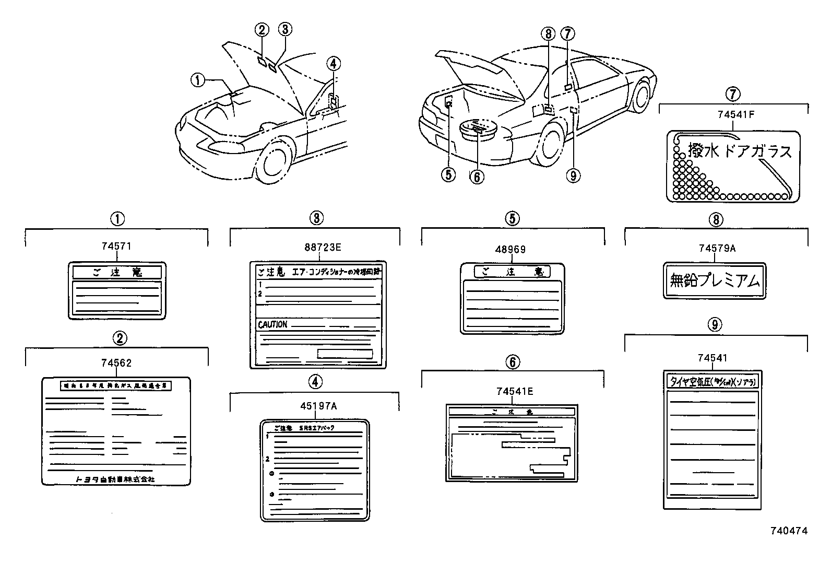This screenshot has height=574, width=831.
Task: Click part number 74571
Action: pyautogui.click(x=116, y=246)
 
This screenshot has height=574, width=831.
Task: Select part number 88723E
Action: pyautogui.click(x=315, y=248)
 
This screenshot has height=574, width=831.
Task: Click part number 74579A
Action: pyautogui.click(x=717, y=249)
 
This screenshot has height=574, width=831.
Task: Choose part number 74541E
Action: pyautogui.click(x=514, y=391)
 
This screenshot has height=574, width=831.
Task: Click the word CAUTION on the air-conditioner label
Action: pyautogui.click(x=272, y=324)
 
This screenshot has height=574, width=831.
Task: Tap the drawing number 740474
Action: pyautogui.click(x=789, y=531)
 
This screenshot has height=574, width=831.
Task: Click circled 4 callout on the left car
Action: pyautogui.click(x=334, y=63)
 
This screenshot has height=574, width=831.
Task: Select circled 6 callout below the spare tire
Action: pyautogui.click(x=477, y=177)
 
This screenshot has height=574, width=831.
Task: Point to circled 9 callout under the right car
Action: pyautogui.click(x=573, y=175)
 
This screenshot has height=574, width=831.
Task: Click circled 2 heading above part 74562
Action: pyautogui.click(x=120, y=338)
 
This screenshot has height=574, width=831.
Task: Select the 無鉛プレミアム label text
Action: pyautogui.click(x=715, y=281)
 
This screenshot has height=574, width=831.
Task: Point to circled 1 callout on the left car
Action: pyautogui.click(x=197, y=80)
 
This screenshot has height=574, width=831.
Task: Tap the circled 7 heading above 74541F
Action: pyautogui.click(x=733, y=94)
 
